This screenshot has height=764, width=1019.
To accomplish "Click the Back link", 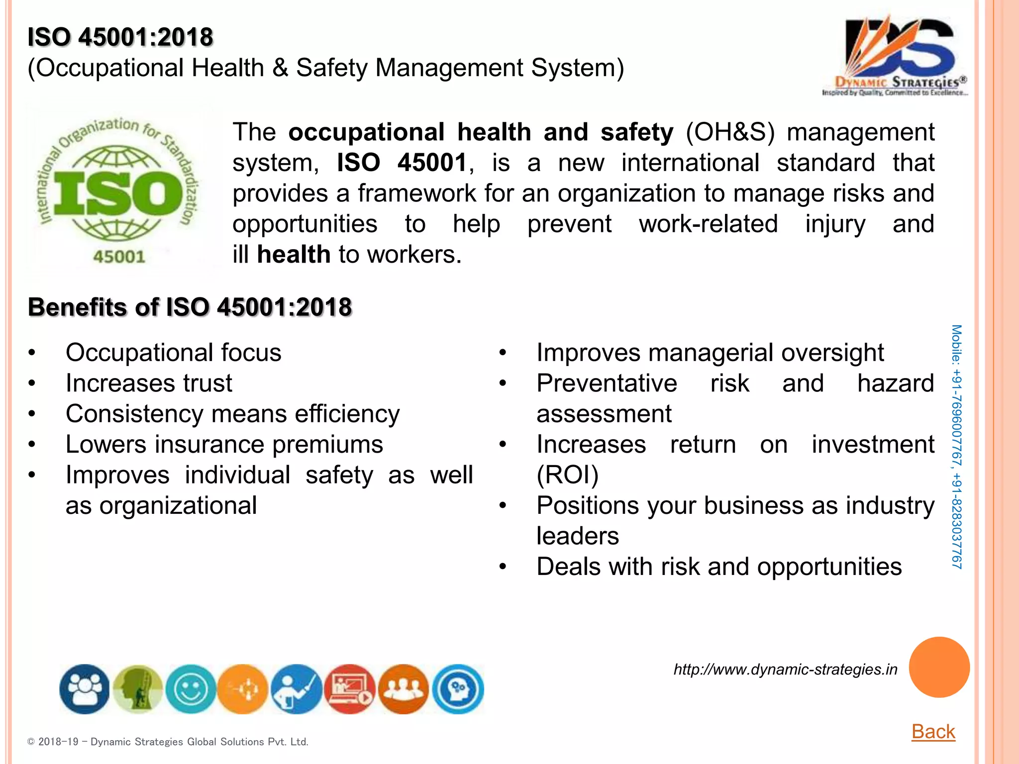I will point(933,732).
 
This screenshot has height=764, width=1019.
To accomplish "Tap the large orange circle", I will point(939,667).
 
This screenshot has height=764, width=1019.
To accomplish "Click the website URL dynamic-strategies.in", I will point(785,669).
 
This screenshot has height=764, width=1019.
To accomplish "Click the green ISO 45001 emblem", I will point(118,192).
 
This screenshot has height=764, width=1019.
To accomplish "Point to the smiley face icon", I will point(191,689).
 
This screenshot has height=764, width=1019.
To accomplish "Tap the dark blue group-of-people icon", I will point(85,689).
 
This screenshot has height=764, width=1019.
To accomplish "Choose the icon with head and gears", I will point(458,689).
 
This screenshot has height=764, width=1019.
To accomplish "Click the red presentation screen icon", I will point(350,689).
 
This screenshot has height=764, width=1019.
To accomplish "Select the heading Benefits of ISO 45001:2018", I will point(190,307).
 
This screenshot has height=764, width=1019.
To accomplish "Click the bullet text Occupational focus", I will point(173,353).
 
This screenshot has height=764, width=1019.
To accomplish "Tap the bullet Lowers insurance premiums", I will point(224,445).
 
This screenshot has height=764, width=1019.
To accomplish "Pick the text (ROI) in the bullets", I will point(567,475).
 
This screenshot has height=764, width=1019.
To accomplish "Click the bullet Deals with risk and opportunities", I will point(718,567).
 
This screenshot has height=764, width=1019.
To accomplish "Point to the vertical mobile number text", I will point(956,447).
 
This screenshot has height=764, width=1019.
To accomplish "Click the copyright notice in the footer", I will point(168,742).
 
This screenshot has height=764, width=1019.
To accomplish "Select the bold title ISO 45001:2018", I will point(120,37).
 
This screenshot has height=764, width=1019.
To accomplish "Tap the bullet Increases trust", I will point(149,383).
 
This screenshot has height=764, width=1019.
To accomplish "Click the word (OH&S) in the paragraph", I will point(730,132).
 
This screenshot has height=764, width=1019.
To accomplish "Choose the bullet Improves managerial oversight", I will point(710,353).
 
